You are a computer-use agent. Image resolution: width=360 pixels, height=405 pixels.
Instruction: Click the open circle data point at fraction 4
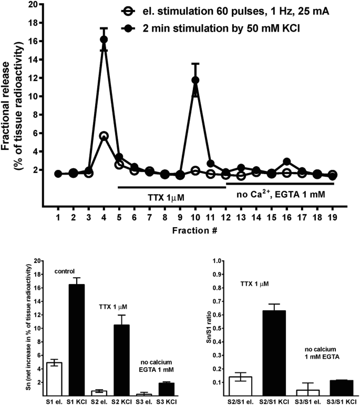click(x=104, y=136)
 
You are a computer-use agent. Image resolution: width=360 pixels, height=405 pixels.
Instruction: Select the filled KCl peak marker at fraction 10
click(x=196, y=80)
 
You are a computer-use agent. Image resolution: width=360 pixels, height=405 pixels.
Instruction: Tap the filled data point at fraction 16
click(x=286, y=162)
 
